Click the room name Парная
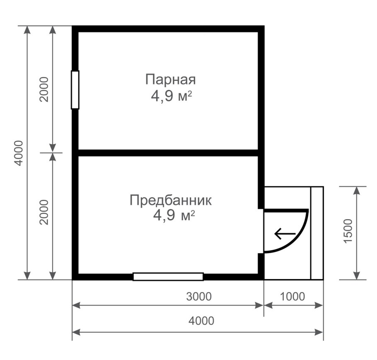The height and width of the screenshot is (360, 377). tap(170, 79)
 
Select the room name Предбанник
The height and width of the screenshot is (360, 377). tap(171, 201)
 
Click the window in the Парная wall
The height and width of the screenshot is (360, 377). tap(75, 90)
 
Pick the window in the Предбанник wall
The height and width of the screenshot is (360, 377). tap(168, 277)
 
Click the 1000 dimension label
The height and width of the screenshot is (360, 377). tap(292, 297)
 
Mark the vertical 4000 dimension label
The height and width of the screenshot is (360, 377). tap(18, 153)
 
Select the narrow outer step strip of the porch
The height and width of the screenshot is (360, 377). tap(317, 233)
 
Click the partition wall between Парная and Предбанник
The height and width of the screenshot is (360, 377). tap(168, 152)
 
